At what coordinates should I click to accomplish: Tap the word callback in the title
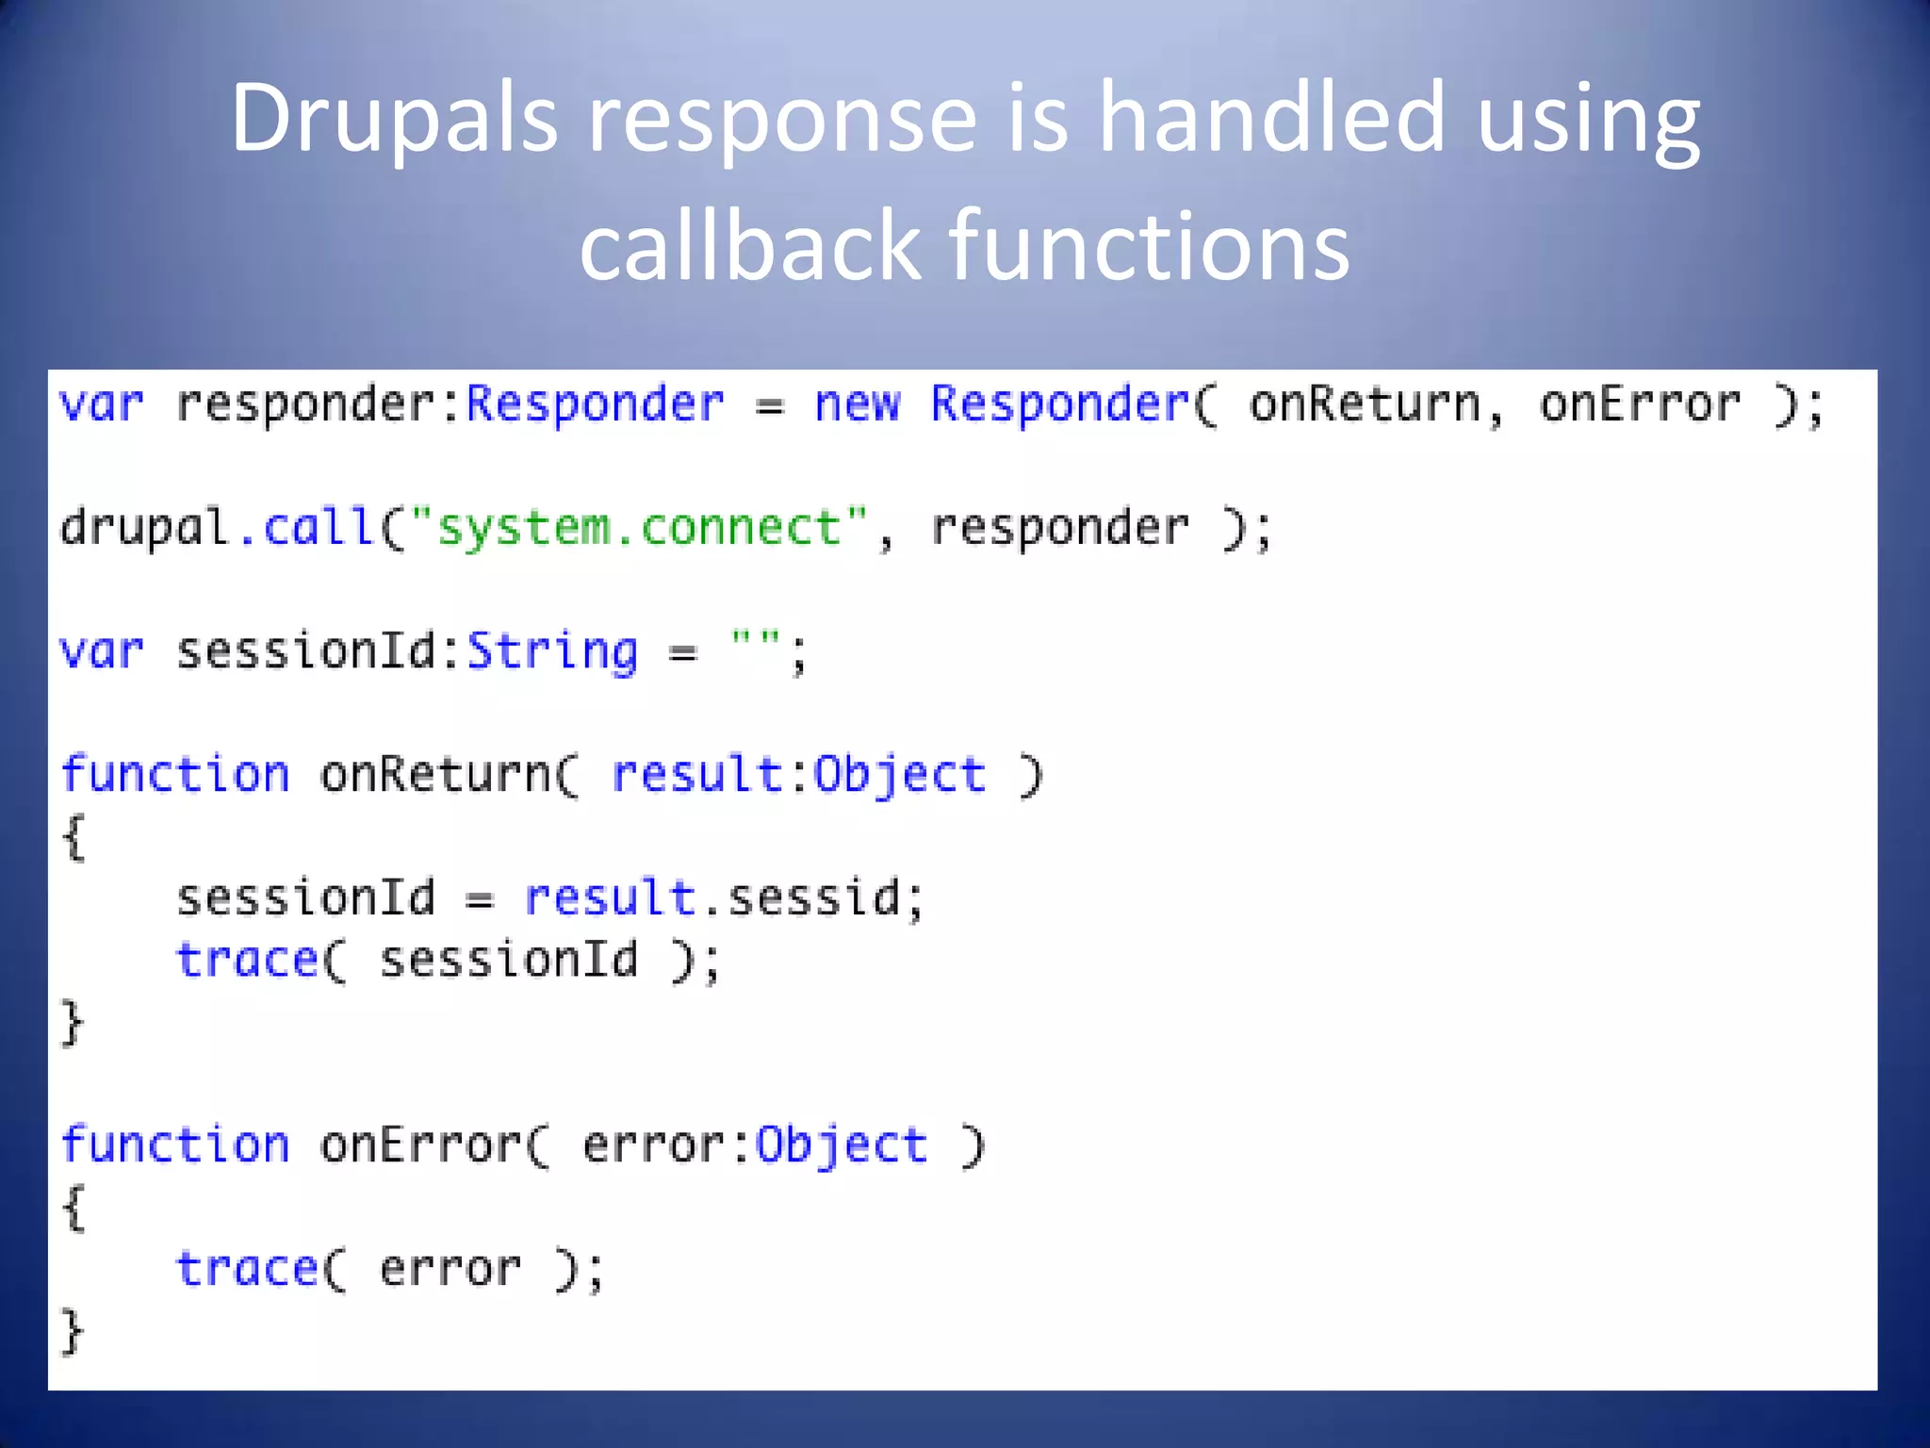(x=749, y=245)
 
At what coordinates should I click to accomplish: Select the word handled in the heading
(x=1271, y=118)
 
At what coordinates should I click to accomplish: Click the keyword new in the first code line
(x=857, y=404)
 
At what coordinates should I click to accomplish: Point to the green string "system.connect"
(x=640, y=527)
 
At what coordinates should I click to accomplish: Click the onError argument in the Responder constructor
(x=1640, y=404)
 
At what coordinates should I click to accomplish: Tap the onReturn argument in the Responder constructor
(x=1365, y=404)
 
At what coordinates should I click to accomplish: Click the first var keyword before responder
(x=101, y=404)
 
